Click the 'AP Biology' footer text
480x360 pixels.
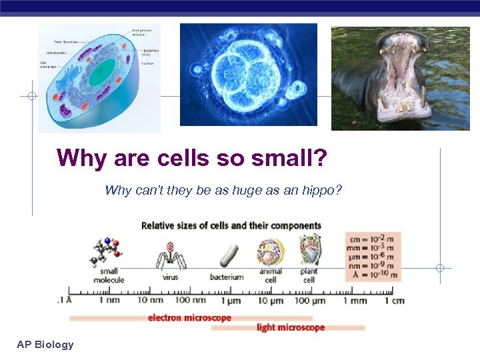pos(45,344)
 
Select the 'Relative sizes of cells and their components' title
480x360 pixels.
pos(231,225)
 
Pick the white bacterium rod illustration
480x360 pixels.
pos(228,255)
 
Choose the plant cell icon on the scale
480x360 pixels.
pos(309,249)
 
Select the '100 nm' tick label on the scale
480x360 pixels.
pos(191,301)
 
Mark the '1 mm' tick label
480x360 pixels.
pos(355,301)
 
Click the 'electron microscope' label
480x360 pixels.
pos(189,317)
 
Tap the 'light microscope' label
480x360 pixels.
pos(291,327)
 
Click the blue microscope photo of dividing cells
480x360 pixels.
pos(248,75)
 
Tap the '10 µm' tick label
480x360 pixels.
pos(271,301)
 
